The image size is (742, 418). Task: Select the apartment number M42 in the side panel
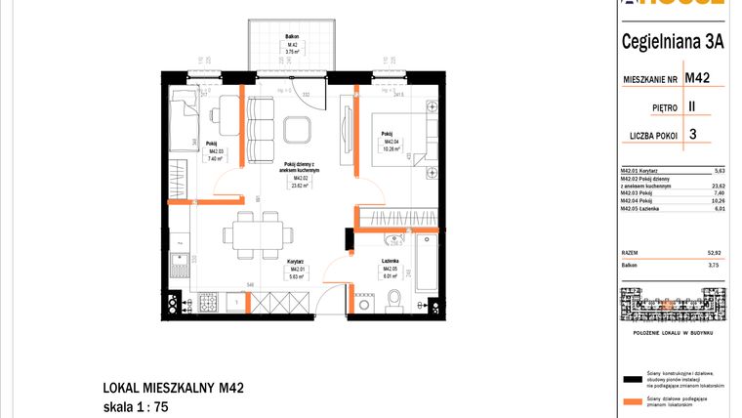click(x=696, y=77)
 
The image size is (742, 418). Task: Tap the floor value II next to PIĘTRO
click(x=691, y=106)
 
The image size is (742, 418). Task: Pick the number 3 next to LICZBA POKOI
click(x=692, y=136)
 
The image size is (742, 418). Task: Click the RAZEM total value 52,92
click(x=718, y=251)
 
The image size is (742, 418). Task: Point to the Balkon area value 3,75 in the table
click(x=718, y=264)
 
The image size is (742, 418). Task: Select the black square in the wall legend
click(x=630, y=378)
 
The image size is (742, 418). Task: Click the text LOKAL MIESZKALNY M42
click(x=173, y=388)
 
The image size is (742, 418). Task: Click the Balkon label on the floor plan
click(x=291, y=45)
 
